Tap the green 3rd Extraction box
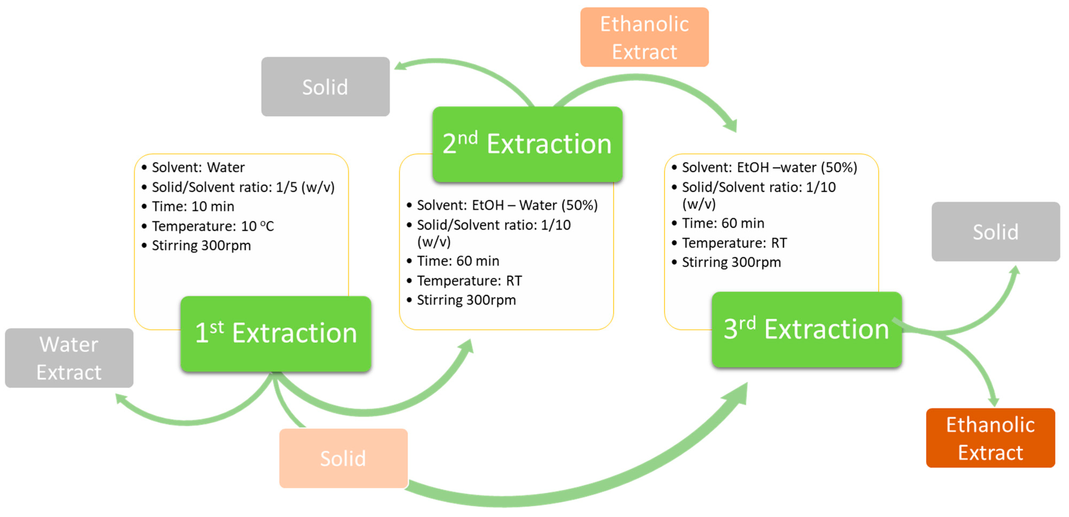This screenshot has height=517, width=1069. tap(806, 329)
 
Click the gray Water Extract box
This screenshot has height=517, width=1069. tap(69, 358)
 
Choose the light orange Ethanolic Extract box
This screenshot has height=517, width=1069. tap(644, 37)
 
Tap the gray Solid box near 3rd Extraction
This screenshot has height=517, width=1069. tap(995, 232)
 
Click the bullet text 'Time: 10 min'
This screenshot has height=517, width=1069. tap(193, 207)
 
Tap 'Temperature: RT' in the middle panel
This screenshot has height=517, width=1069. tap(469, 281)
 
